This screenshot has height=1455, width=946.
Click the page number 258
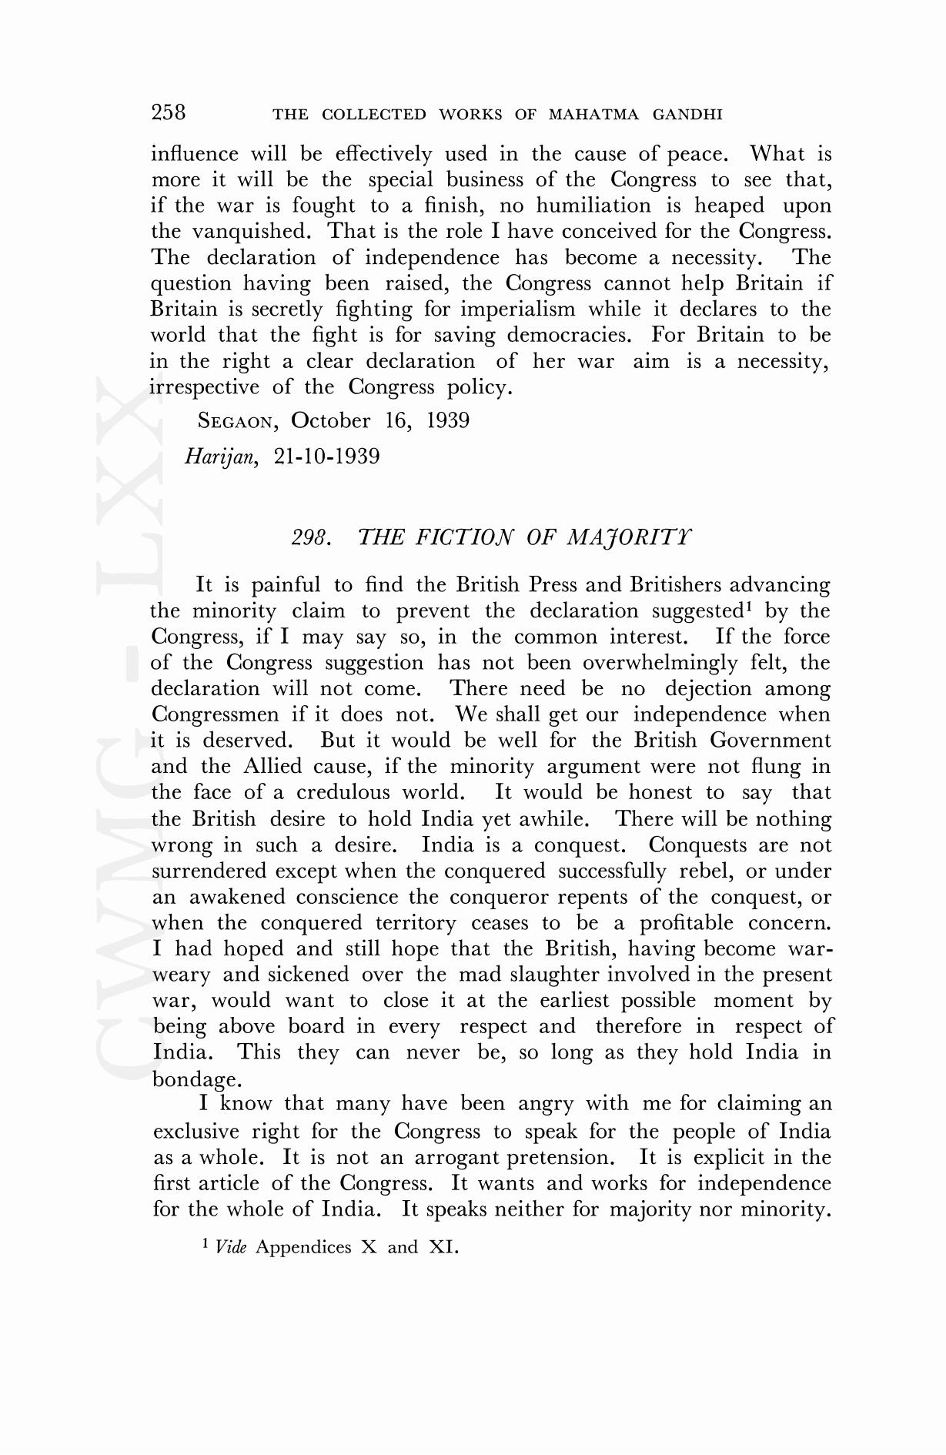coord(169,112)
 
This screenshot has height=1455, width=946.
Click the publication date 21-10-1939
coord(326,457)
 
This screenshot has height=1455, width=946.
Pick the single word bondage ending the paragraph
coord(191,1079)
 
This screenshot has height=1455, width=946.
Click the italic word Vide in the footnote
coord(231,1247)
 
